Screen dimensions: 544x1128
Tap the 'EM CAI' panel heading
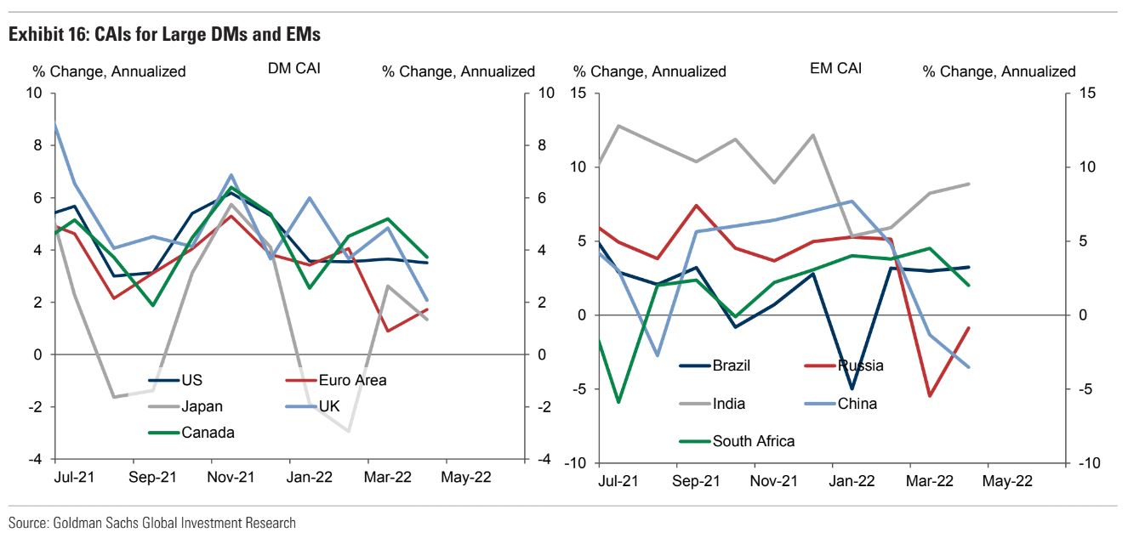point(835,68)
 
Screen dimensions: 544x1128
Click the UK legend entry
point(329,406)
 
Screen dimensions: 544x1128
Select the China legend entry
point(857,404)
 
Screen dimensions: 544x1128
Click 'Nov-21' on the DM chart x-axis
point(231,477)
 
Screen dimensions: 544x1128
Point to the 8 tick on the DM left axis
point(37,145)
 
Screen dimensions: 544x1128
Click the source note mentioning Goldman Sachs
point(152,523)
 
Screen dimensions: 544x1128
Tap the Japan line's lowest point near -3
point(347,431)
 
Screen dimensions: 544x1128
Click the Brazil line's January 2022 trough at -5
point(851,389)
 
